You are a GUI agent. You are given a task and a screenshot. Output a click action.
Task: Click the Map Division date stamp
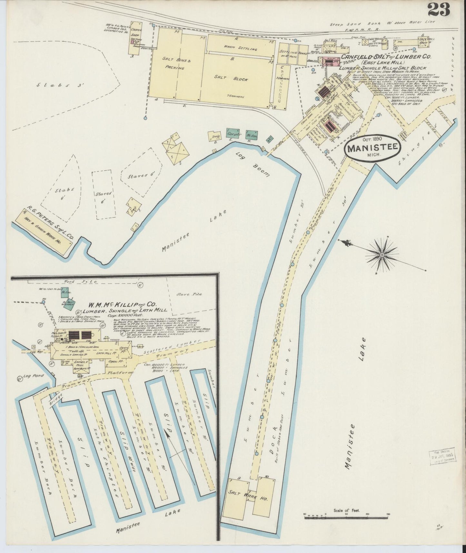tap(443, 455)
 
